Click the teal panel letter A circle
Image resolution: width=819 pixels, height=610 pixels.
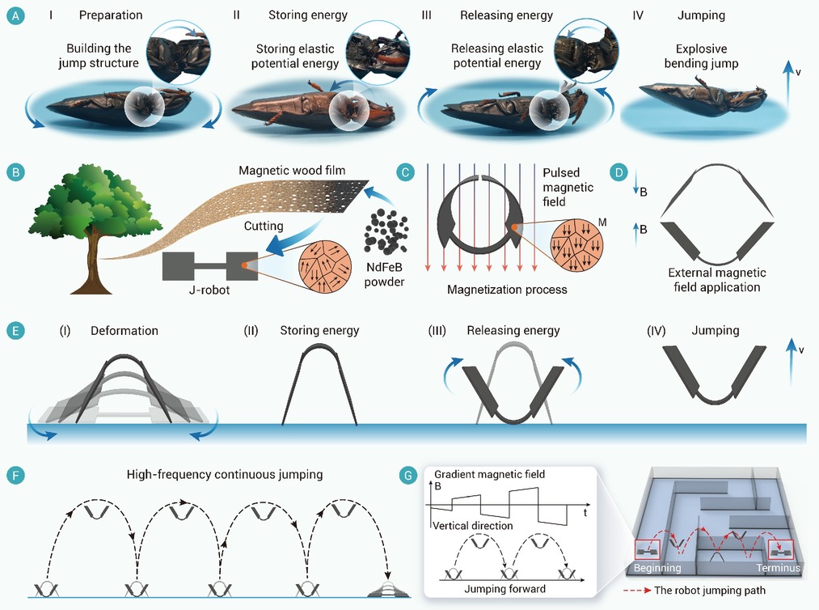(x=15, y=15)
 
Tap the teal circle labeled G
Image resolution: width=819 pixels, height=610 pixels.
(x=407, y=475)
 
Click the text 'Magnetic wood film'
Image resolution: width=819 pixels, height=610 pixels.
(x=292, y=171)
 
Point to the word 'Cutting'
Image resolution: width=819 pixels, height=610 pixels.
(x=264, y=226)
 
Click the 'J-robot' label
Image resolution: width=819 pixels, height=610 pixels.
(x=209, y=290)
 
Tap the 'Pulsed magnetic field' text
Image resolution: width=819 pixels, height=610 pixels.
(x=568, y=187)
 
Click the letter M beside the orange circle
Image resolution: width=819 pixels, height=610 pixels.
(x=602, y=222)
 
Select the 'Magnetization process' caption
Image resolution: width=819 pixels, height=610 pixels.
(x=507, y=290)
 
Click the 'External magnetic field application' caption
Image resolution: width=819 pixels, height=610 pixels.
(x=716, y=280)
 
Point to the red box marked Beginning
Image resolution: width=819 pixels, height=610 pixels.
(x=648, y=550)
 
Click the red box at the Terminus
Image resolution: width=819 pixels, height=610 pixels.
(x=781, y=550)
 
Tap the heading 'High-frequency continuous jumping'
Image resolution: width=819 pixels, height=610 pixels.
(x=225, y=475)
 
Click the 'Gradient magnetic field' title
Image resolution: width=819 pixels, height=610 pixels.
(x=489, y=474)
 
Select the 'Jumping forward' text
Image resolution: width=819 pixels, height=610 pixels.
(x=505, y=589)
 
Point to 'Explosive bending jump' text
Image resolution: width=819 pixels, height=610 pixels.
(x=701, y=56)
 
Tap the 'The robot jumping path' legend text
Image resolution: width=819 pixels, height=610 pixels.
(x=709, y=590)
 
